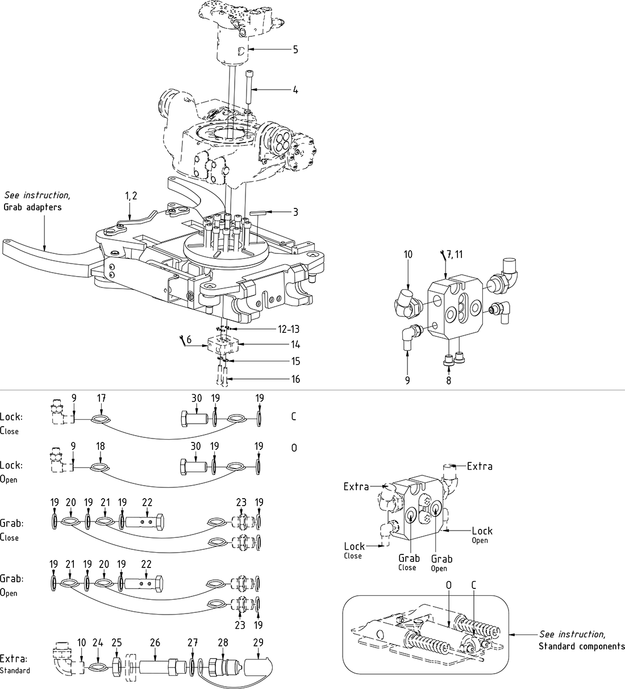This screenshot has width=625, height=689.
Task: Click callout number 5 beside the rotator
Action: (x=295, y=49)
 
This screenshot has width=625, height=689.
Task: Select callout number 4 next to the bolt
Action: (x=295, y=90)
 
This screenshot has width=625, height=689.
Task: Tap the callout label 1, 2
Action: (x=131, y=195)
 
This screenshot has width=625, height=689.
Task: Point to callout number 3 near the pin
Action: (x=295, y=212)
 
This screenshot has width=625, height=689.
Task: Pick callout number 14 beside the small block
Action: (x=295, y=345)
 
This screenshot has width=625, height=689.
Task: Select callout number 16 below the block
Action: (x=295, y=379)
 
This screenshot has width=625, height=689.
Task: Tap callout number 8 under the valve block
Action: (x=448, y=381)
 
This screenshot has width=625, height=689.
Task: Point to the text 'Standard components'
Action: (x=581, y=646)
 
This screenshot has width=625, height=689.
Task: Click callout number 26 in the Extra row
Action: (x=155, y=642)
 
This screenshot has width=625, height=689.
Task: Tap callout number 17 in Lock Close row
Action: (x=101, y=399)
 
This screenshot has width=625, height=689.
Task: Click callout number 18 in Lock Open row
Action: (x=101, y=447)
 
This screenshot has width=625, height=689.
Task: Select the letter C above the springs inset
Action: (x=473, y=585)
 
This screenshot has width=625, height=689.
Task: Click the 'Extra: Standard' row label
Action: (x=15, y=664)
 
